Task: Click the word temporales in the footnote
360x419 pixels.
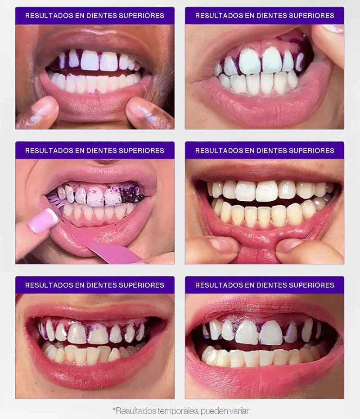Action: coord(176,411)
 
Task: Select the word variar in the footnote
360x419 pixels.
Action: coord(238,411)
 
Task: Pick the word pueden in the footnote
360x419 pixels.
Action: coord(213,411)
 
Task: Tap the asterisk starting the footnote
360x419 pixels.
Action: coord(114,410)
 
